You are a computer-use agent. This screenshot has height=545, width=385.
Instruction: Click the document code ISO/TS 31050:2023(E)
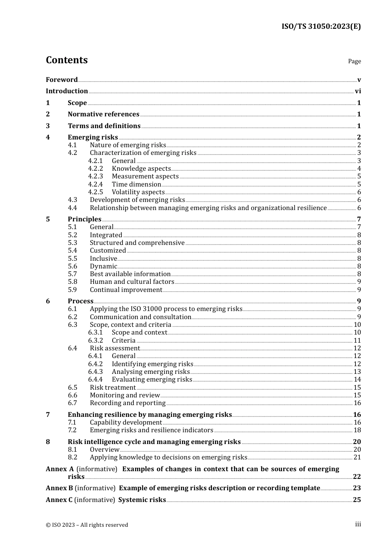pos(321,26)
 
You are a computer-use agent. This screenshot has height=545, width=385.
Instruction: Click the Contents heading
pos(66,60)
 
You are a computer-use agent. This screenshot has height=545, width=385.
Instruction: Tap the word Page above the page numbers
pos(354,61)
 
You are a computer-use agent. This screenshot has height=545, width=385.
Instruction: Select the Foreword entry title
pos(62,79)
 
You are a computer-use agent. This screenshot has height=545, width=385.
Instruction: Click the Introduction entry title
pos(66,91)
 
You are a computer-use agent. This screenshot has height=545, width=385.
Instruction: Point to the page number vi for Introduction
pos(358,91)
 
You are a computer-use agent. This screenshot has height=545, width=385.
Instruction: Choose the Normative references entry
pos(103,114)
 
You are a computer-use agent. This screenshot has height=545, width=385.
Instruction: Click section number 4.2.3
pos(95,176)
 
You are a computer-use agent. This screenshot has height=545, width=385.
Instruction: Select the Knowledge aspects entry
pos(141,169)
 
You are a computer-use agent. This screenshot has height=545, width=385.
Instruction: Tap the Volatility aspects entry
pos(138,192)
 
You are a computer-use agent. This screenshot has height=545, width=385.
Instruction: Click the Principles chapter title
pos(84,219)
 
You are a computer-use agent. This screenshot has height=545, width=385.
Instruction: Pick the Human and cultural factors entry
pos(132,282)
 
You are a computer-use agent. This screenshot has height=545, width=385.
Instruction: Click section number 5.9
pos(72,290)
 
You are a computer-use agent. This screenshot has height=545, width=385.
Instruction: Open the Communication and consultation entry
pos(140,317)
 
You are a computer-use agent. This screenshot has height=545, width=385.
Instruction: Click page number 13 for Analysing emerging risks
pos(357,372)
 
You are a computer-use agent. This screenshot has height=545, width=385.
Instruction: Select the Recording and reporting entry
pos(128,403)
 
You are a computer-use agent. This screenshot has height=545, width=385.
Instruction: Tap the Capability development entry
pos(126,423)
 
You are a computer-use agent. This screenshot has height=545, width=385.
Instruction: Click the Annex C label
pos(59,500)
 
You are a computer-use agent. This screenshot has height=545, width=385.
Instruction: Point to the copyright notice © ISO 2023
pos(87,525)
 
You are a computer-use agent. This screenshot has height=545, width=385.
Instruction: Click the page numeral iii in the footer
pos(358,524)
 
